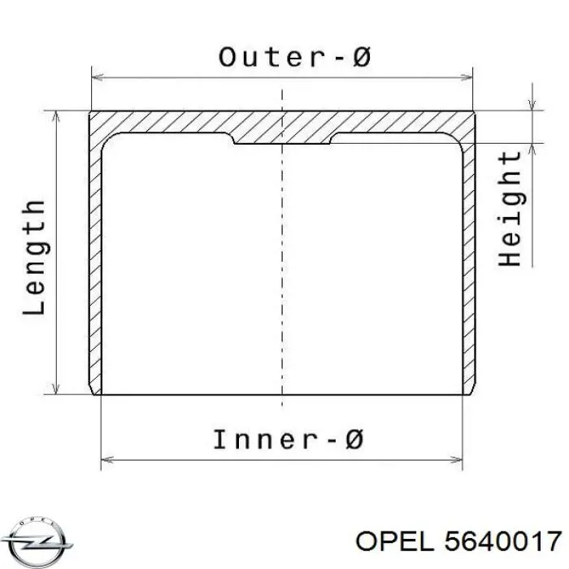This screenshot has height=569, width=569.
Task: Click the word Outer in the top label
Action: (271, 58)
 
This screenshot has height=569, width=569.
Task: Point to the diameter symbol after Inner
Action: (353, 440)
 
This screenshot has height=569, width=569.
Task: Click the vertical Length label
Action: (34, 257)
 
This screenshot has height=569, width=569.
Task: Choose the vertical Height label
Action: (510, 209)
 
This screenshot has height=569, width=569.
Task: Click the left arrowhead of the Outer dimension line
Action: (98, 77)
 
